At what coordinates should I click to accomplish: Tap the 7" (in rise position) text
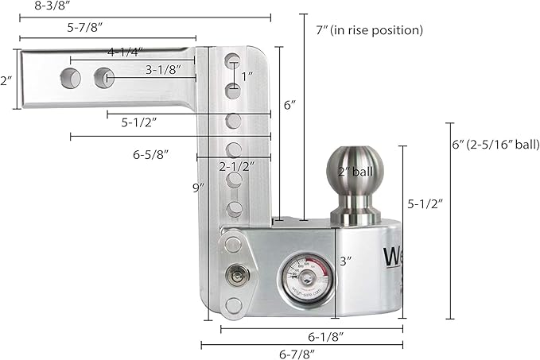[369, 30]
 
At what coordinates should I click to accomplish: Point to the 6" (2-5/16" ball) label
[492, 145]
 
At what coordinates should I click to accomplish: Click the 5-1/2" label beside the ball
[425, 203]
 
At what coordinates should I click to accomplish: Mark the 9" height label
[199, 188]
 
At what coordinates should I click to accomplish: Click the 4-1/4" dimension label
[125, 52]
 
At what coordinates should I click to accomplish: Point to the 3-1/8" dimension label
[169, 69]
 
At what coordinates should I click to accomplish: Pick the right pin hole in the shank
[104, 78]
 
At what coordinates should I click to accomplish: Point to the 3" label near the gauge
[344, 260]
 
